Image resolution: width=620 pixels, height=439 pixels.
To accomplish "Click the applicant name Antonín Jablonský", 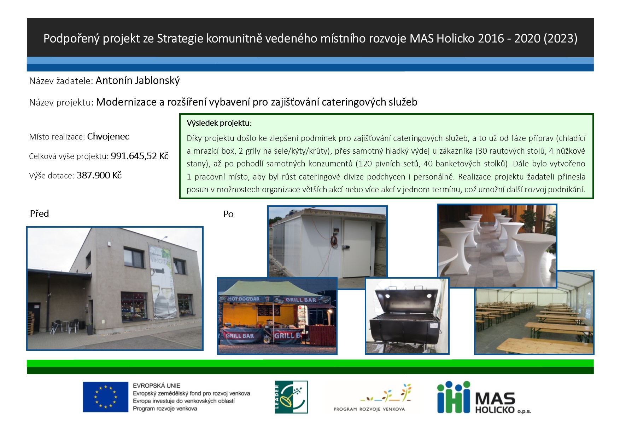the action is coord(138,80).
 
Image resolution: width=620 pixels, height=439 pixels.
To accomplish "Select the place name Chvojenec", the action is coord(108,136).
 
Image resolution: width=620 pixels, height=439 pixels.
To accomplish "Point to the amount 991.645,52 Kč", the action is coord(140,156).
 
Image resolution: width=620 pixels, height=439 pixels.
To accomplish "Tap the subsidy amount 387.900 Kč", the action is coord(99,175).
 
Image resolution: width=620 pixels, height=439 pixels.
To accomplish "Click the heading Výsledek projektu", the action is coord(219,123).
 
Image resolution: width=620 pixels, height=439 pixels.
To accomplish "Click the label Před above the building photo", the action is coord(39,213).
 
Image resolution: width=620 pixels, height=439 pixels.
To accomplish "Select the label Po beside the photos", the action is coord(228,214).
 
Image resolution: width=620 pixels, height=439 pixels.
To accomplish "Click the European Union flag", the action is coord(105,397).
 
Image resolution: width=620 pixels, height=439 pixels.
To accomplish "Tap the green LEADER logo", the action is coord(291,397).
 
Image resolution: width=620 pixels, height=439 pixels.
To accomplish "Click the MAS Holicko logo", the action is coord(484,397).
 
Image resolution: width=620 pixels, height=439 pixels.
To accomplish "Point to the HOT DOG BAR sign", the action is coord(244,299).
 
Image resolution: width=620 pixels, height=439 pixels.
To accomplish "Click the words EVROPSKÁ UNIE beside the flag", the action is coord(157,386).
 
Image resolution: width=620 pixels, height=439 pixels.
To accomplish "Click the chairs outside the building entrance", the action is coord(64,326).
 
